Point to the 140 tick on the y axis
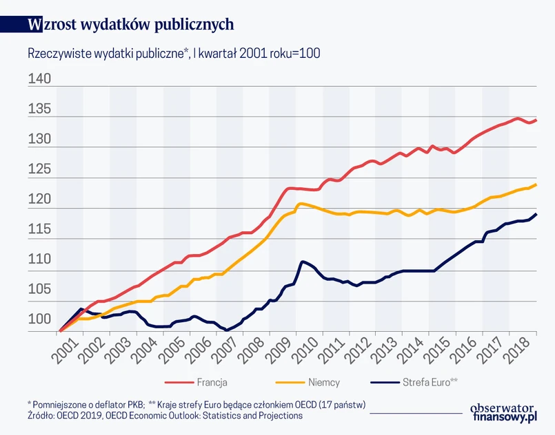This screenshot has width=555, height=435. point(40,79)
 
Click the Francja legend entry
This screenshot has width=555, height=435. point(212,381)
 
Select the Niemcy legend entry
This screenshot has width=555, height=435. point(323,381)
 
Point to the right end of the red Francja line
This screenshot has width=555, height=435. point(536,120)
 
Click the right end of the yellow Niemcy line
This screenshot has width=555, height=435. point(536,184)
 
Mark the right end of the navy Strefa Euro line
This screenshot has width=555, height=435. point(536,214)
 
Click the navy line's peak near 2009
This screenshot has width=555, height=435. point(302,262)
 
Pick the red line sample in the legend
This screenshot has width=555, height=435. point(178,381)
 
